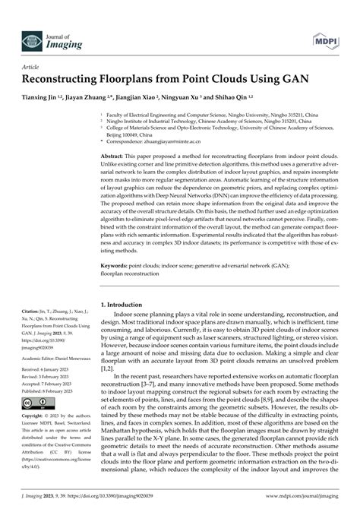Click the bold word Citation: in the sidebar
coord(31,311)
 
